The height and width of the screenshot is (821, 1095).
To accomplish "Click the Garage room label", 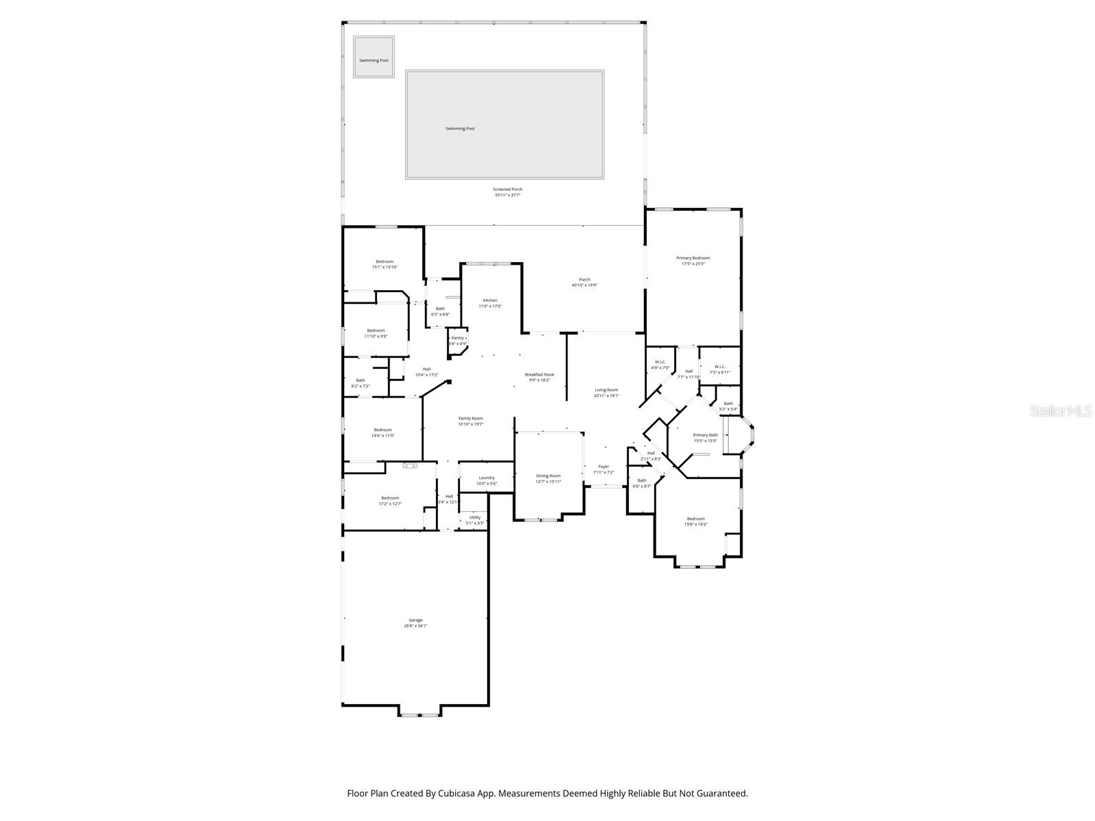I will click(x=415, y=620).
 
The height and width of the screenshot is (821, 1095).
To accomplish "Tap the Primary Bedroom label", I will click(x=693, y=258).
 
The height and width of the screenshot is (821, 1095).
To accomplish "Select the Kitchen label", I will click(x=490, y=300).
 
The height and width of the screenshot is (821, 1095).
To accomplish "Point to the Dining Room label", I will click(x=548, y=475).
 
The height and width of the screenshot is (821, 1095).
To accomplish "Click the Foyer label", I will click(x=603, y=467).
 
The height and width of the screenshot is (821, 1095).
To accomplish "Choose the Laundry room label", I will click(x=486, y=478).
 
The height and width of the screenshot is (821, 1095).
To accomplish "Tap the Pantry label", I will click(x=457, y=337).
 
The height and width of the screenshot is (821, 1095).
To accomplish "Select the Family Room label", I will click(x=470, y=418).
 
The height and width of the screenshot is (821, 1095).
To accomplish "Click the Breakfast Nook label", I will click(x=539, y=374).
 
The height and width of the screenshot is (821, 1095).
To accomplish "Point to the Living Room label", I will click(x=606, y=390).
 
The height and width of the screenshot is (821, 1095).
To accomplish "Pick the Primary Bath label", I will click(x=705, y=435).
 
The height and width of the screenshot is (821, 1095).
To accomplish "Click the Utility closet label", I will click(x=475, y=517).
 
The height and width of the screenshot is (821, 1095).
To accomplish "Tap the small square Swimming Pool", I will click(x=374, y=57).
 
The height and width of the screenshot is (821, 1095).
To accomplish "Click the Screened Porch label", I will click(x=508, y=190).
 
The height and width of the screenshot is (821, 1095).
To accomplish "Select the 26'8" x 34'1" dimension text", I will click(x=415, y=626).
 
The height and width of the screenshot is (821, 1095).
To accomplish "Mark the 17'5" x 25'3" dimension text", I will click(x=693, y=263).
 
